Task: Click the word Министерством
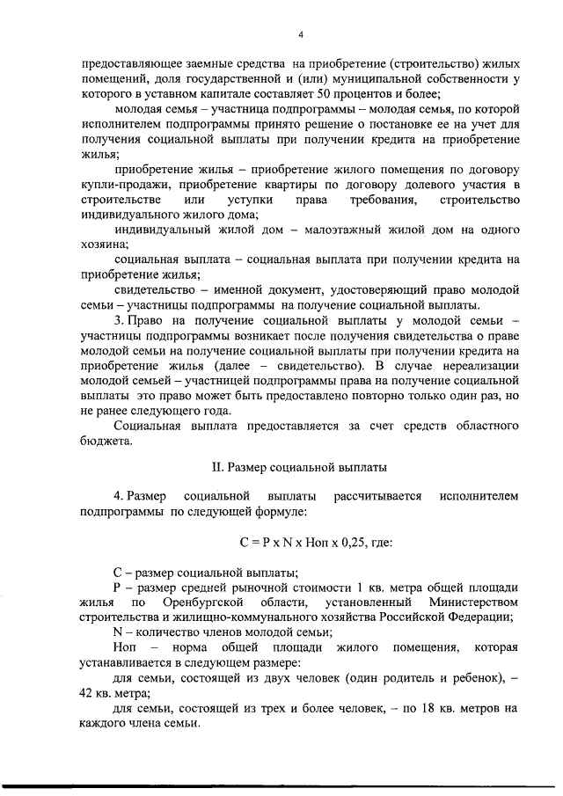[x=472, y=602]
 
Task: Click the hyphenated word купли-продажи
[x=123, y=185]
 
